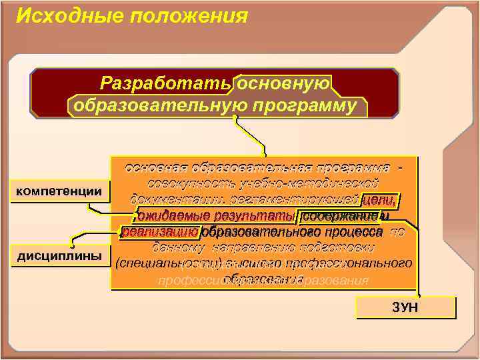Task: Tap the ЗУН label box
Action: coord(406,307)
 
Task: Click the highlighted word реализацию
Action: coord(160,231)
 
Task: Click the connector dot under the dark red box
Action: coord(235,118)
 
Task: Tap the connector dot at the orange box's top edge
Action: coord(264,158)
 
